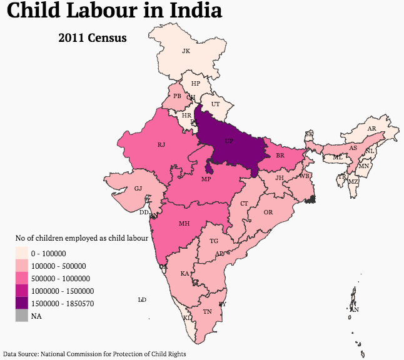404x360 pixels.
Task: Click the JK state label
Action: [186, 51]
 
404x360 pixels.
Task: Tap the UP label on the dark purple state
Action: [228, 141]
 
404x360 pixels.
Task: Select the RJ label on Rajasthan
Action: [161, 145]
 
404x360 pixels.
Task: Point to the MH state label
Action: [184, 223]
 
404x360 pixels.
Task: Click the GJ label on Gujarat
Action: [138, 188]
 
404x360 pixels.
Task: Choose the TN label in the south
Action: [207, 311]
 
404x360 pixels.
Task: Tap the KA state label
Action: [184, 274]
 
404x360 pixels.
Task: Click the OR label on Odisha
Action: [268, 212]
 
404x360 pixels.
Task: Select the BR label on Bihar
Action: [280, 154]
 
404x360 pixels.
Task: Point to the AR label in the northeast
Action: [372, 129]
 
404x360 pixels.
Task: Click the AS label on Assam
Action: [353, 148]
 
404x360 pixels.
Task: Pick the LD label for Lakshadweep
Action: [142, 300]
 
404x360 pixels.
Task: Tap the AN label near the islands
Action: [355, 309]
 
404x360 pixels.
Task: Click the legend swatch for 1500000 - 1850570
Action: [22, 304]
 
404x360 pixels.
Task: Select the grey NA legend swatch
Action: [22, 316]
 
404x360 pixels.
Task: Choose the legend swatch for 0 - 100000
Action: [22, 254]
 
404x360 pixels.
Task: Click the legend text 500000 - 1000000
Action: [61, 279]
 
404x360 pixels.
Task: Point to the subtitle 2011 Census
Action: [93, 38]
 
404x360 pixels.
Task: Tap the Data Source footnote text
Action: [94, 354]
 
